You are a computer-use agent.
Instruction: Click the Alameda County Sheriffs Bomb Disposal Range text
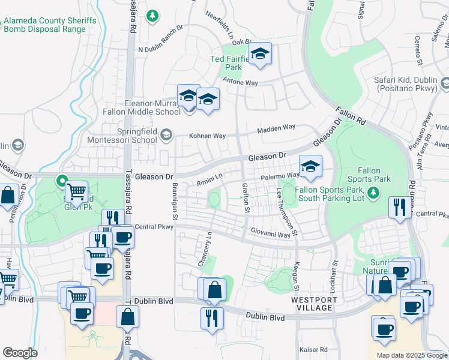pyautogui.click(x=50, y=25)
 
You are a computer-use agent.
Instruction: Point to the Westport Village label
pyautogui.click(x=312, y=304)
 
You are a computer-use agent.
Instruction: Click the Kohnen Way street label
pyautogui.click(x=208, y=136)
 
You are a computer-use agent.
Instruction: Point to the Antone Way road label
pyautogui.click(x=240, y=81)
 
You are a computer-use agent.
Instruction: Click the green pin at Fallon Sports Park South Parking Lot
pyautogui.click(x=373, y=192)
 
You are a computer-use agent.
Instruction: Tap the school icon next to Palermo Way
pyautogui.click(x=310, y=168)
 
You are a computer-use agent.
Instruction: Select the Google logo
pyautogui.click(x=20, y=353)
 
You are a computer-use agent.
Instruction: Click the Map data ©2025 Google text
pyautogui.click(x=411, y=355)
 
